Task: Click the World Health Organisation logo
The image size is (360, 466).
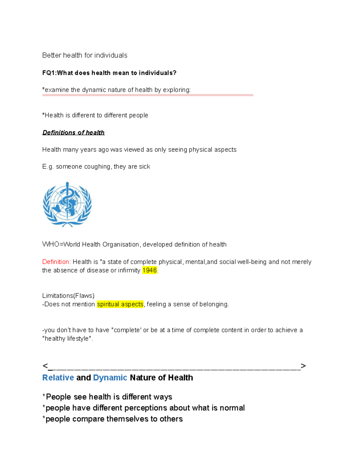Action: [67, 204]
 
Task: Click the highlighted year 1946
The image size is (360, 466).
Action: [149, 270]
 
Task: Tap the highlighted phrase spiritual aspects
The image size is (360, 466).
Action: [120, 304]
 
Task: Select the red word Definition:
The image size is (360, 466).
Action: [56, 262]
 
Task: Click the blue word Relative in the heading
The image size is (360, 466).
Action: [58, 377]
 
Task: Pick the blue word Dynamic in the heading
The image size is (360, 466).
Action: [110, 377]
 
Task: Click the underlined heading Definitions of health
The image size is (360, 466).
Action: [73, 133]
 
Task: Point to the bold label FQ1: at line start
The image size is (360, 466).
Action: [49, 73]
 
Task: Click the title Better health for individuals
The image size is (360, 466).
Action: [85, 56]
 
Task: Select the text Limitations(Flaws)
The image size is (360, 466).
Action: [68, 296]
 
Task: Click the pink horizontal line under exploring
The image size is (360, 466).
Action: [148, 95]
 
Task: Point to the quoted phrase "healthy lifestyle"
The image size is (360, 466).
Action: [67, 338]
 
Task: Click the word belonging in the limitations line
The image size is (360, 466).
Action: [214, 304]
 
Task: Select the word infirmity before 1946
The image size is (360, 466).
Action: [129, 270]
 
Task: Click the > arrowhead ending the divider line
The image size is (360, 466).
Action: [303, 366]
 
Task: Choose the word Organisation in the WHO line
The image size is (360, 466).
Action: [121, 245]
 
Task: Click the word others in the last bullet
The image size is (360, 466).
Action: [171, 419]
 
